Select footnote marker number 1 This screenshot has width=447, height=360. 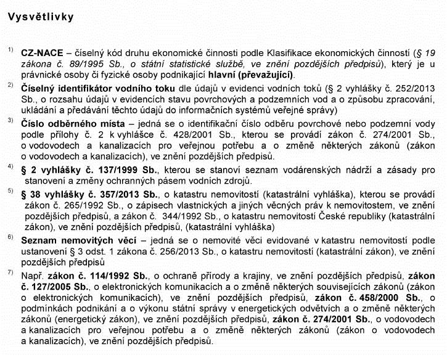click(x=10, y=49)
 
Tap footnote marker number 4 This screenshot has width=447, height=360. click(x=10, y=166)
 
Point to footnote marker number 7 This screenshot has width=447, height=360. click(x=10, y=272)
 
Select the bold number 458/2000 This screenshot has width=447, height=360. click(x=340, y=298)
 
